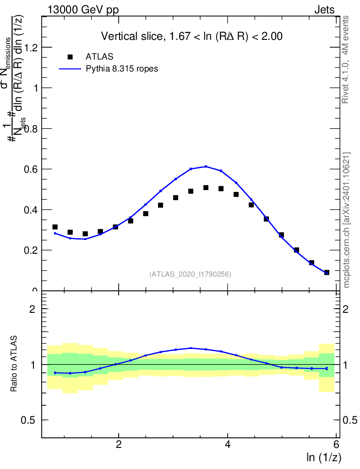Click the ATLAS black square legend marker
(x=70, y=57)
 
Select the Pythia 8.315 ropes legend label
(x=122, y=69)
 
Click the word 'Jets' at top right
(x=324, y=10)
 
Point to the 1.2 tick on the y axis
(x=30, y=47)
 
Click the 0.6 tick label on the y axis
(x=30, y=169)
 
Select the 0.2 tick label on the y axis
(x=30, y=250)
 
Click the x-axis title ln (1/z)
(x=324, y=458)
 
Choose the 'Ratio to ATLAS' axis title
(x=14, y=364)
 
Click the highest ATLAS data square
(x=206, y=188)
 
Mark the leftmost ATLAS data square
(x=55, y=227)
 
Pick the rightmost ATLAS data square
(x=327, y=272)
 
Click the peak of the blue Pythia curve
(x=206, y=166)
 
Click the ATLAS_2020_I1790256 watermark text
(x=190, y=274)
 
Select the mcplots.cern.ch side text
(x=347, y=220)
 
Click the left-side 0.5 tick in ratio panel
(x=30, y=420)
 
